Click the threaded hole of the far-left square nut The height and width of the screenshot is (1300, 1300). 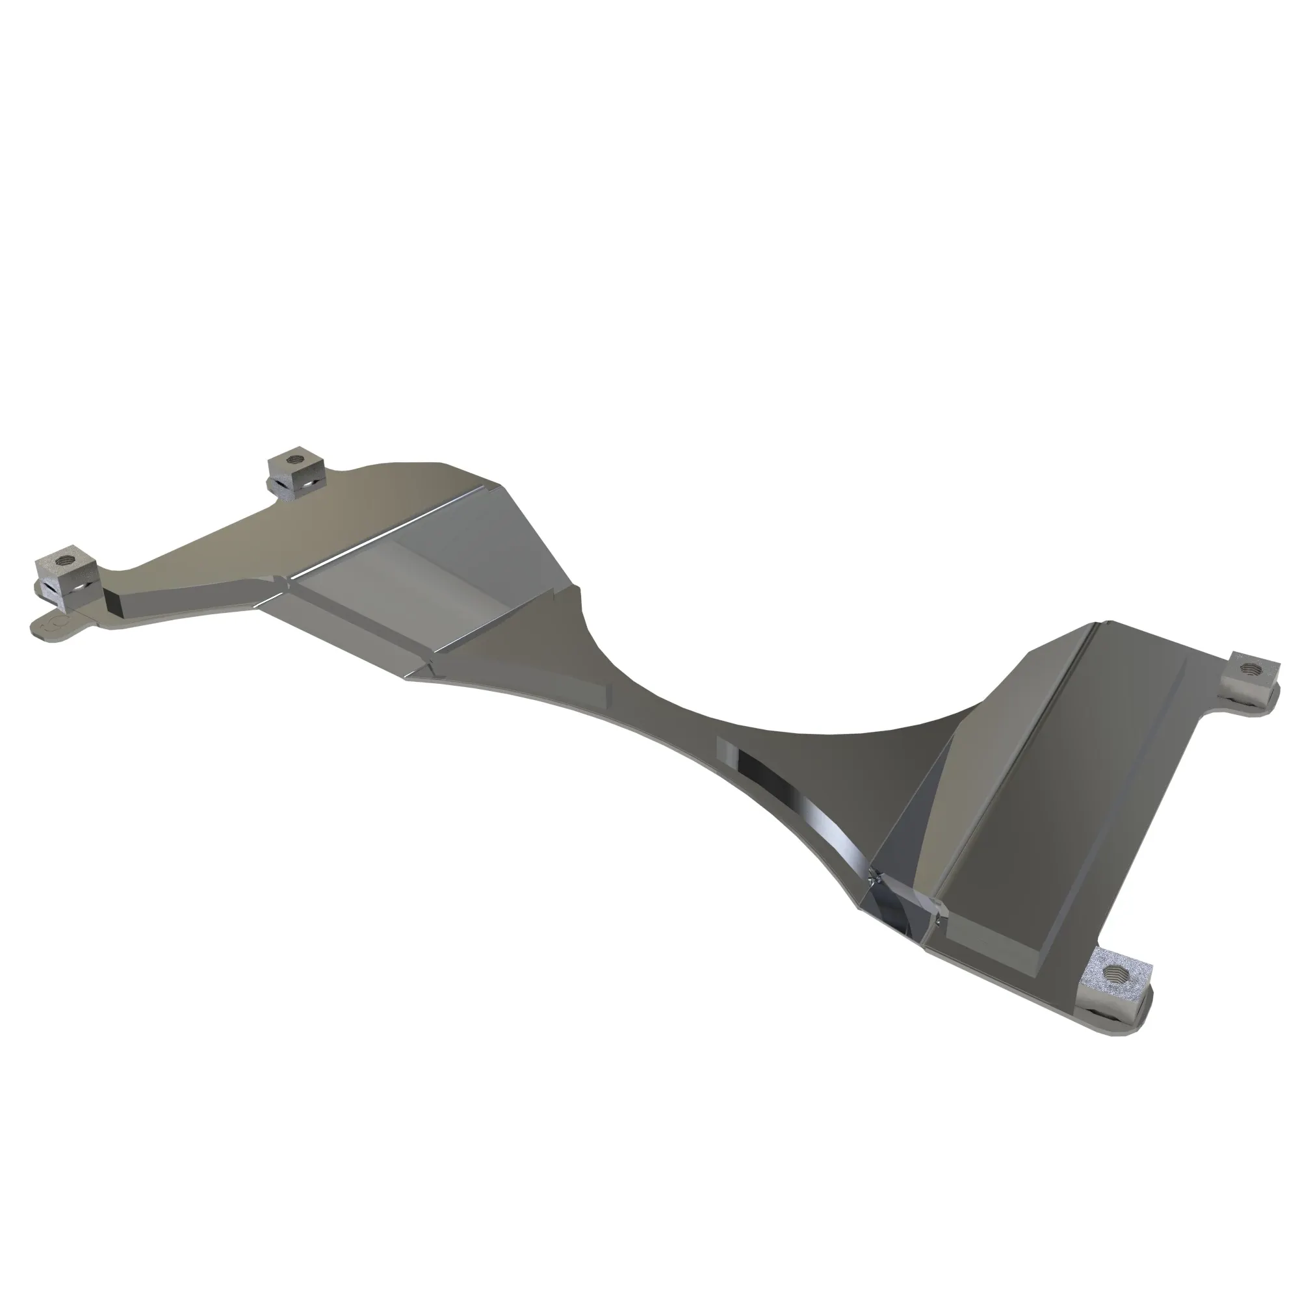point(66,556)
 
